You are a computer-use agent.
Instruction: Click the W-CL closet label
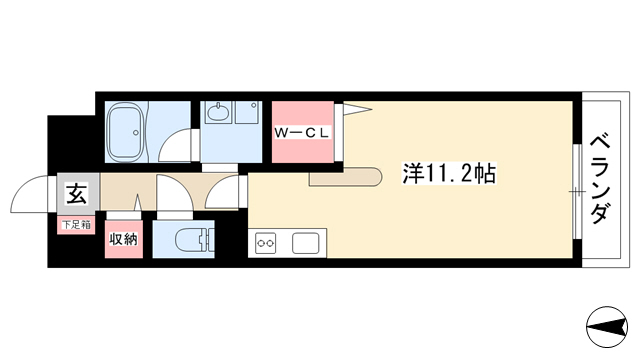click(302, 133)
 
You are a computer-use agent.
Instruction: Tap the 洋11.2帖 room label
click(449, 173)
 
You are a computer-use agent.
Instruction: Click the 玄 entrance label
click(77, 194)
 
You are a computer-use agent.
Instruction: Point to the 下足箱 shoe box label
click(76, 224)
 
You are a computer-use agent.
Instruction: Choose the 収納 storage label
click(123, 239)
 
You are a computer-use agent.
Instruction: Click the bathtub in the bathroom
click(125, 132)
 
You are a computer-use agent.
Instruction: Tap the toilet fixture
click(195, 240)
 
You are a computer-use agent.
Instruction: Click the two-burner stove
click(265, 243)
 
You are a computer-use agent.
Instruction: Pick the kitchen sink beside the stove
click(306, 243)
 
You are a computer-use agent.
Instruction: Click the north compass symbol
click(607, 327)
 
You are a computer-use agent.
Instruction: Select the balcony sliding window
click(577, 191)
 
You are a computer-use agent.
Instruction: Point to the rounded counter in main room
click(345, 177)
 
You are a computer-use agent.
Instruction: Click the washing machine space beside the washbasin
click(247, 112)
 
